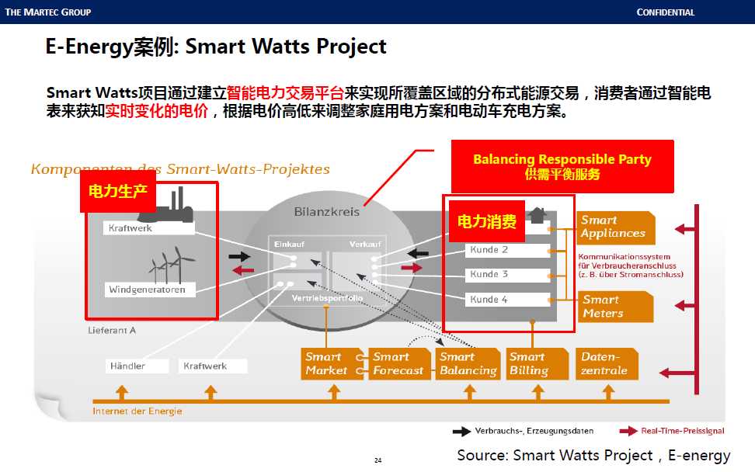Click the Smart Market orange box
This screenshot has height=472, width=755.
(x=327, y=364)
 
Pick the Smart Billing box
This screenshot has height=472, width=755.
(x=529, y=364)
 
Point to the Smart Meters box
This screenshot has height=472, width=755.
(x=614, y=307)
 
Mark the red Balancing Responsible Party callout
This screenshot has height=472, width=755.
(x=562, y=166)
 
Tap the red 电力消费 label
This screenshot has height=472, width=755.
(x=486, y=222)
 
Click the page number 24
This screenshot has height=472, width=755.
(x=377, y=461)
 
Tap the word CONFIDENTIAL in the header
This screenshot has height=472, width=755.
(x=666, y=12)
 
